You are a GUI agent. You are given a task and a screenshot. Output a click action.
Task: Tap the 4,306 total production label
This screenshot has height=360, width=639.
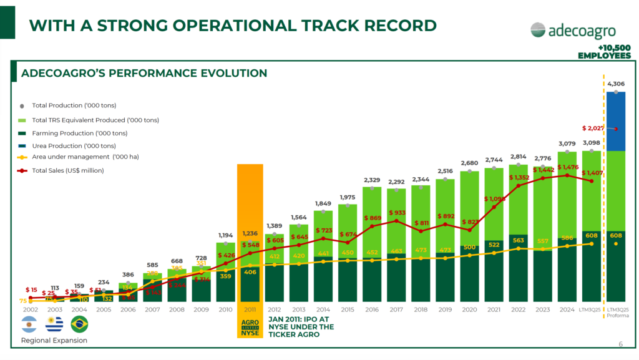click(x=615, y=84)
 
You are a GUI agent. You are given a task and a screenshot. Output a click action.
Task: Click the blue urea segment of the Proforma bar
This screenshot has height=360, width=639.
click(x=616, y=122)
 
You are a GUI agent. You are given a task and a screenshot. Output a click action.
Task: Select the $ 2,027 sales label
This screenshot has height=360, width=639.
click(x=592, y=129)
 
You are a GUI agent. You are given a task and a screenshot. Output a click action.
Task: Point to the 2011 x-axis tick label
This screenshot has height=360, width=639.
click(x=249, y=309)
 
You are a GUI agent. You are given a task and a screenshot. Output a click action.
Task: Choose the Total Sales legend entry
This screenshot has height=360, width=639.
click(x=67, y=170)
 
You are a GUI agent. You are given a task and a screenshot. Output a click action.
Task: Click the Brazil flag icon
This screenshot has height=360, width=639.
click(x=79, y=324)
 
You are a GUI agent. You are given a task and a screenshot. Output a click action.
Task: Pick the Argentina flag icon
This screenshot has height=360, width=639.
click(x=29, y=324)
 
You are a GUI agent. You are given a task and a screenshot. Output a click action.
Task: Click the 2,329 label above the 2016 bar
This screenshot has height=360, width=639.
click(x=372, y=180)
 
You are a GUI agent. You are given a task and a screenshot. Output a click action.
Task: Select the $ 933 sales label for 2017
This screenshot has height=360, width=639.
click(x=397, y=213)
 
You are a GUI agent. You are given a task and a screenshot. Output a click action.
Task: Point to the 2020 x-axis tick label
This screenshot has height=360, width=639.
click(x=470, y=309)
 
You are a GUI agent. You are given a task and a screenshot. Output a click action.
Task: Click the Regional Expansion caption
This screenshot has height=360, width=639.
click(x=54, y=341)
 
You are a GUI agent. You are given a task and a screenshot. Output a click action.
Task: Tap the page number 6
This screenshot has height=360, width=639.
click(x=620, y=344)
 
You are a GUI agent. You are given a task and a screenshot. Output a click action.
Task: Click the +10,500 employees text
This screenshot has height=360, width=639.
click(x=604, y=52)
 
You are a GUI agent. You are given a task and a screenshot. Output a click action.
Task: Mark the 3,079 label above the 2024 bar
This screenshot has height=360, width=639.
click(x=567, y=144)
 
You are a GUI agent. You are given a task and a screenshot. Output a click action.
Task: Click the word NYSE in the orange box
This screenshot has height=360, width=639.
click(x=250, y=332)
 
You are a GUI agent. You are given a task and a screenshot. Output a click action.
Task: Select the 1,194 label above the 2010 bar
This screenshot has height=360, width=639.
click(x=225, y=235)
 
